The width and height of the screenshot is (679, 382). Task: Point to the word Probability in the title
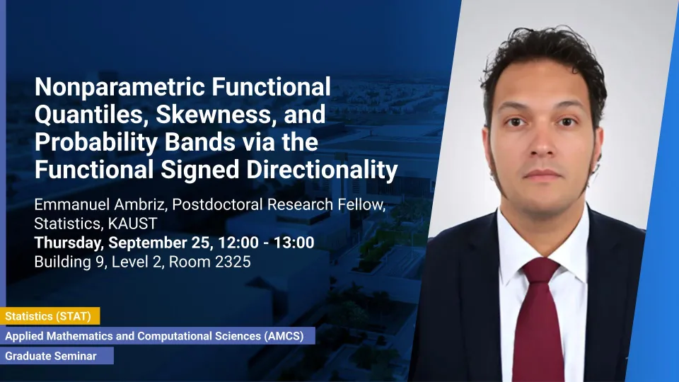[x=95, y=142]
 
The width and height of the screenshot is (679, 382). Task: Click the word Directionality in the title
[x=322, y=169]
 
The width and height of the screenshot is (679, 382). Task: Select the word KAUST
[x=132, y=224]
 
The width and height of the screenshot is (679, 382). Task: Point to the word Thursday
[x=69, y=243]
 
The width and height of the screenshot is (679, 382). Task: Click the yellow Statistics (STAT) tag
[x=50, y=316]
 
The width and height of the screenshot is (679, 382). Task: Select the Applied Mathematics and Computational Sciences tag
[x=158, y=335]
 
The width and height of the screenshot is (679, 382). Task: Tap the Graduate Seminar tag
[x=57, y=356]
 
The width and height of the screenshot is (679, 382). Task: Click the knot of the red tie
[x=540, y=272]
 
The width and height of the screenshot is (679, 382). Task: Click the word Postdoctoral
[x=217, y=204]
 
